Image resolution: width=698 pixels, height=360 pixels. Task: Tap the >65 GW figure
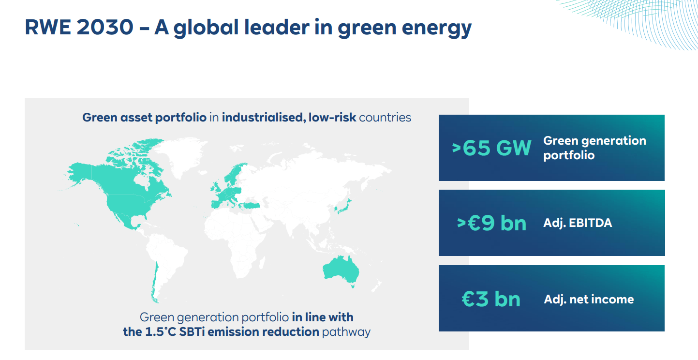tap(491, 148)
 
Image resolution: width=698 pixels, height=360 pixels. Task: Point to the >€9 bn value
tap(491, 223)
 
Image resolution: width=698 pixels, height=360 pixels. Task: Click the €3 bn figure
tap(491, 299)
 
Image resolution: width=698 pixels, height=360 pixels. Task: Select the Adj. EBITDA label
tap(578, 223)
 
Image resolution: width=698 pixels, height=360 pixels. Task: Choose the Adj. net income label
tap(589, 299)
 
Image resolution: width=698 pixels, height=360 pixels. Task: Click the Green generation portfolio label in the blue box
tap(594, 148)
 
